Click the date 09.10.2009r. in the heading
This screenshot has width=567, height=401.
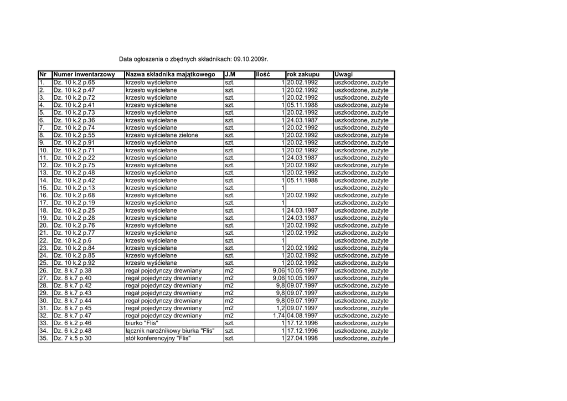[x=251, y=59]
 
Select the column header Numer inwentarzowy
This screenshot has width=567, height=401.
[x=84, y=75]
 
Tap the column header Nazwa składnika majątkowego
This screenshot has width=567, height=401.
[x=171, y=75]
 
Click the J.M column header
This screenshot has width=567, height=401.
[x=230, y=75]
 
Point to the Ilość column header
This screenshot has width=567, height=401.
[x=262, y=75]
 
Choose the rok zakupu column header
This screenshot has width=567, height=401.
[x=303, y=75]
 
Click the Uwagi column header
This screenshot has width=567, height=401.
[x=344, y=75]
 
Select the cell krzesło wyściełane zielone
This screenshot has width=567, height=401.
[x=162, y=135]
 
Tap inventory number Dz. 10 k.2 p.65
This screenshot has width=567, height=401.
[x=74, y=83]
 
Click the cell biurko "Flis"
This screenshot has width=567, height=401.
[x=142, y=323]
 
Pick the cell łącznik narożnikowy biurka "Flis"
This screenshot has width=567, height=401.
[x=170, y=331]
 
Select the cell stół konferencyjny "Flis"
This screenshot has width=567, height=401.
[x=158, y=338]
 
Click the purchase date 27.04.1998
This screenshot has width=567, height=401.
[x=302, y=338]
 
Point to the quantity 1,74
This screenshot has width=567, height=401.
[x=279, y=316]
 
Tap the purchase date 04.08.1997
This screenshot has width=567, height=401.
[x=302, y=316]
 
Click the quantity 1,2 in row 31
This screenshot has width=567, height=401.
[x=280, y=308]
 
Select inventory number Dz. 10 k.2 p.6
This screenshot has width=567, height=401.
[x=73, y=240]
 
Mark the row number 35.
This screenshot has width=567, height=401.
[x=44, y=338]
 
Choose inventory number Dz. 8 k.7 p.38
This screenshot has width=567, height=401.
[x=73, y=271]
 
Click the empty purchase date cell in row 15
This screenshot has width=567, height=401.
[x=309, y=188]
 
